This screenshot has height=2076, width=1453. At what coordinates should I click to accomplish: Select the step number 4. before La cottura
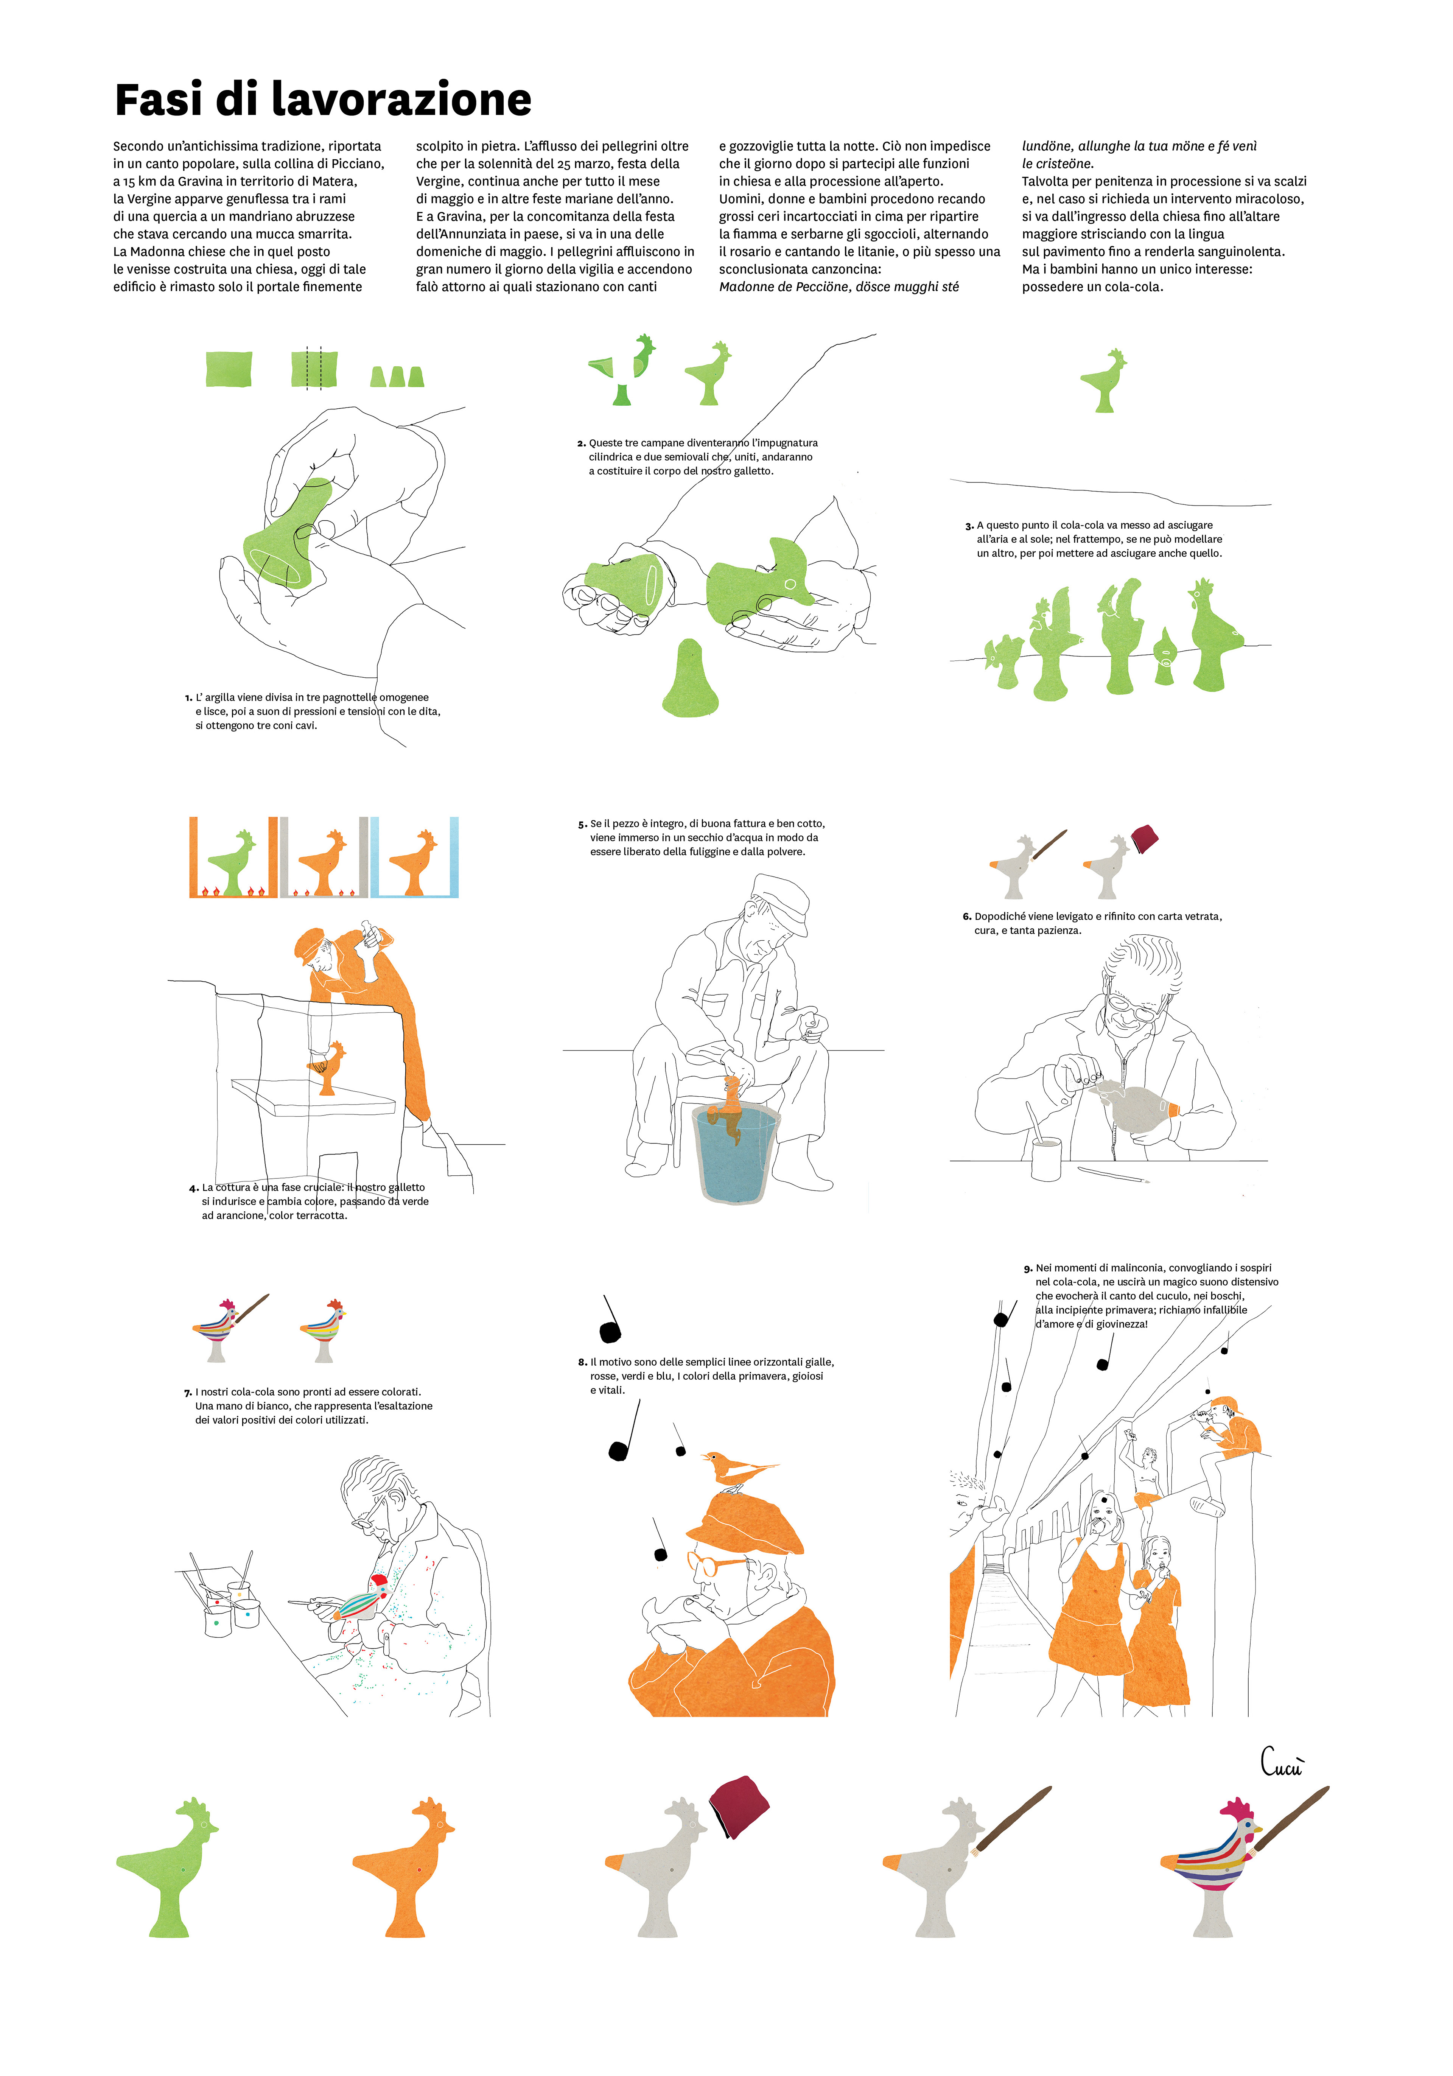click(194, 1188)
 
